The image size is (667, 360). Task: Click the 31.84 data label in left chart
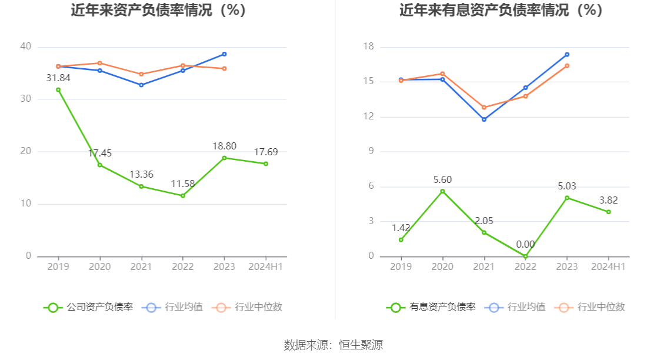click(58, 78)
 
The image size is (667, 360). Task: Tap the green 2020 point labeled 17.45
click(100, 165)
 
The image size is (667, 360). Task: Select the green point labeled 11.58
click(183, 195)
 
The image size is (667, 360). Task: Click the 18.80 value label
click(224, 146)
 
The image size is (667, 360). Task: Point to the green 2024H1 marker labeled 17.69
click(266, 164)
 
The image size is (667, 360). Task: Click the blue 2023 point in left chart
click(224, 54)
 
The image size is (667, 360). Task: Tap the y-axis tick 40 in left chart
click(25, 46)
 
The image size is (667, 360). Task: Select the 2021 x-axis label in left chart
click(141, 266)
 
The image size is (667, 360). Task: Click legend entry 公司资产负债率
click(88, 307)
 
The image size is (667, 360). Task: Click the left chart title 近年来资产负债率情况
click(158, 10)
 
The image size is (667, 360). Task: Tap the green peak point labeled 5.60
click(443, 191)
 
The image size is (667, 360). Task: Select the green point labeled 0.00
click(525, 256)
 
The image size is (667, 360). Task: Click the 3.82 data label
click(608, 200)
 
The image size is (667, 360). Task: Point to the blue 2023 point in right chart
click(567, 55)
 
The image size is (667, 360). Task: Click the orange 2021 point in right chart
click(484, 108)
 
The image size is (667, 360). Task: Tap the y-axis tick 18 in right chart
click(368, 46)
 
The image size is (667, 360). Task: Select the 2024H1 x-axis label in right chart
click(608, 266)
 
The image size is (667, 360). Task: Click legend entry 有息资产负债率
click(431, 307)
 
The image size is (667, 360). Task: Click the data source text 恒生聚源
click(361, 345)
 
